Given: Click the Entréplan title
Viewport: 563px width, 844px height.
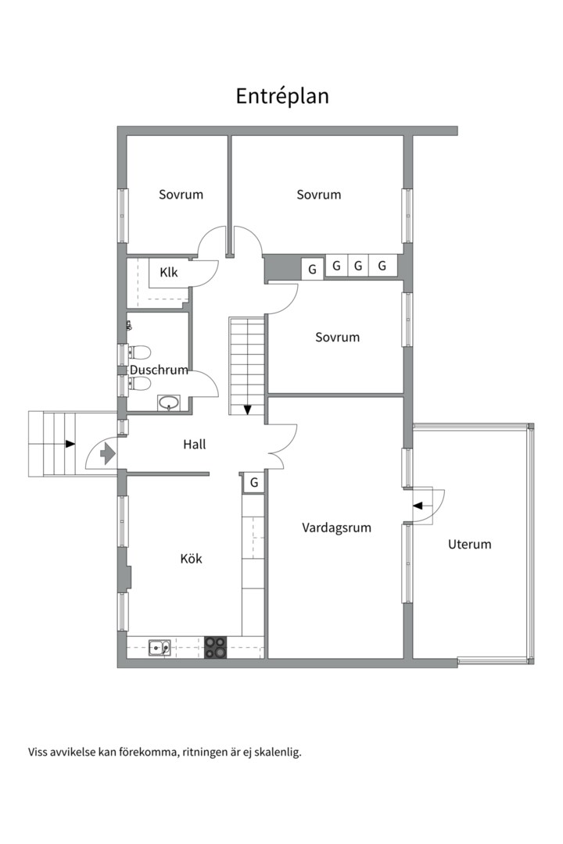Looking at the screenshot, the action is pos(282,96).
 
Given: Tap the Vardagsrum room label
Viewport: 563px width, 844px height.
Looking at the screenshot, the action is pos(336,528).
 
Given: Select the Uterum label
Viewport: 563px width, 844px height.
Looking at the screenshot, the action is pos(470,544).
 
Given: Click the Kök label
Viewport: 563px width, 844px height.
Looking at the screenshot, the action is pos(192,558).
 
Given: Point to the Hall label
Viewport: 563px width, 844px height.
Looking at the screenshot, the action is pos(195,444).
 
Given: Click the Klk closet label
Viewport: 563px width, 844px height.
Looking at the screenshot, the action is pos(169,273).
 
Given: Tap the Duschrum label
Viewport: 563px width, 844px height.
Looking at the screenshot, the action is pos(159,370).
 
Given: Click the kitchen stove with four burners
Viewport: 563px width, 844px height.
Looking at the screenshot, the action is pos(216,647).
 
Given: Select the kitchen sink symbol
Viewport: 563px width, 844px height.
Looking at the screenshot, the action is pos(160,648).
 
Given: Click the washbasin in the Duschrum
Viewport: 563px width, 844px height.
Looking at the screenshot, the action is pos(169,402).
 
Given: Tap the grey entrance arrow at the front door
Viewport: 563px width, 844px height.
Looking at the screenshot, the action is pos(108,453).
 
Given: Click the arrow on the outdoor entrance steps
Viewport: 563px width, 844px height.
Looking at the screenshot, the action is pos(70,444).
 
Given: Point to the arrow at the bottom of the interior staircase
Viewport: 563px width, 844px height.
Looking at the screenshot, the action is pos(247,409).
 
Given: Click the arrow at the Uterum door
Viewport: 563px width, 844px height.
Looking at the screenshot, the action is pos(418,506).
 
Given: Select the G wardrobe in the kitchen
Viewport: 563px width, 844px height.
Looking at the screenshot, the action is pos(254,483).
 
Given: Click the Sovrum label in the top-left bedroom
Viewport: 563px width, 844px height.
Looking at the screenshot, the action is pos(181,195).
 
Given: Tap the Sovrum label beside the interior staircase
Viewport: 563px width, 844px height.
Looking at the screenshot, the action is pos(337,338).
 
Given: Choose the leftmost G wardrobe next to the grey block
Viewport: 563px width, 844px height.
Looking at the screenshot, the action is pos(312,269).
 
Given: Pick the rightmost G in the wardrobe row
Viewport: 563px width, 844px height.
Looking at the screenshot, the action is pos(382,266).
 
